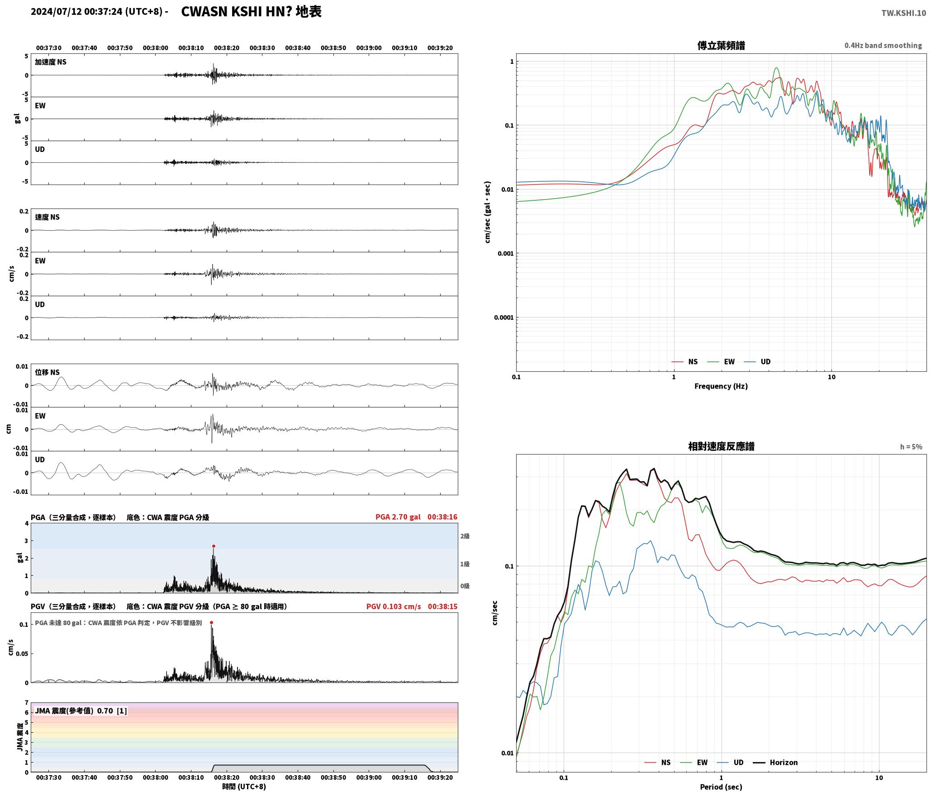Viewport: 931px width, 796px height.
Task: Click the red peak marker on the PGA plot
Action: (x=214, y=546)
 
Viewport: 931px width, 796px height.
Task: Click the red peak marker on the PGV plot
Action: (x=211, y=623)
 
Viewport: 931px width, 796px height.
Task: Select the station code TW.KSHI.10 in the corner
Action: (x=903, y=13)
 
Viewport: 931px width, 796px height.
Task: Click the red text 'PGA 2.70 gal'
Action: (x=398, y=517)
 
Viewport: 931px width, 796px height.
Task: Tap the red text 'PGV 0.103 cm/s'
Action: (x=394, y=606)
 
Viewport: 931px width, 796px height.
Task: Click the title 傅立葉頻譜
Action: (x=721, y=46)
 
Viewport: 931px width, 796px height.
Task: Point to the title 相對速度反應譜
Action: (x=721, y=446)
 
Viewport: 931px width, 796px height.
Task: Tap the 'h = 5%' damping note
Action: (x=911, y=447)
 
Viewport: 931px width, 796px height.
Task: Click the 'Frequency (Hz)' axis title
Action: (x=721, y=386)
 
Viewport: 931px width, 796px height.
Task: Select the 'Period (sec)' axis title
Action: (x=721, y=787)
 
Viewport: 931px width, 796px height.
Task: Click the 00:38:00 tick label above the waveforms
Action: (x=155, y=48)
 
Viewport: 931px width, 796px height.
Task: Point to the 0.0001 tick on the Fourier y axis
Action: (x=503, y=317)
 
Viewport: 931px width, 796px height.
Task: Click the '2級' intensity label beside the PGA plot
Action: (x=465, y=536)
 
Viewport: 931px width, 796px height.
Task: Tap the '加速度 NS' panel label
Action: (x=51, y=62)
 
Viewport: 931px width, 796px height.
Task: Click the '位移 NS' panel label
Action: (x=47, y=372)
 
